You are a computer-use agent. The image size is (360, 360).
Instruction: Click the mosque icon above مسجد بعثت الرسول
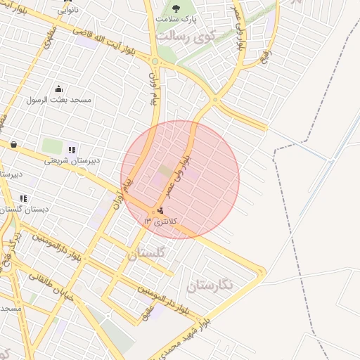(x=58, y=89)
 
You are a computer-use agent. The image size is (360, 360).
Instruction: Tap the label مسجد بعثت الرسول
(x=59, y=100)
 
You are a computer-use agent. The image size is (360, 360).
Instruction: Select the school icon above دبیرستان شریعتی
(x=71, y=149)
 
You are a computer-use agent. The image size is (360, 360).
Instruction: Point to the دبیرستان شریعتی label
(x=71, y=160)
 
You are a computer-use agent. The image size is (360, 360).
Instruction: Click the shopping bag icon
(x=13, y=144)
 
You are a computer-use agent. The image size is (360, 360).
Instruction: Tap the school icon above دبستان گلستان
(x=23, y=199)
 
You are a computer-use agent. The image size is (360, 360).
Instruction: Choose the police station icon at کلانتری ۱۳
(x=161, y=210)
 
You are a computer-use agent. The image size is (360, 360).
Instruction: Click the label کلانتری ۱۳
(x=161, y=221)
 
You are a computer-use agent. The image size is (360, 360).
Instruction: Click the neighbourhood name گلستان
(x=147, y=252)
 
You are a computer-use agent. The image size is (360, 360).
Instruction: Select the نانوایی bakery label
(x=68, y=10)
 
